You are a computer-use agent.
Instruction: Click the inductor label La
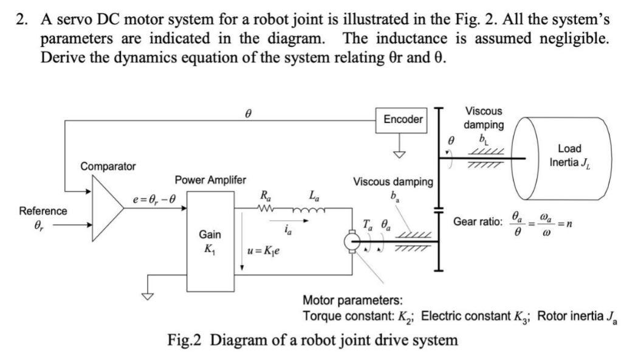(312, 195)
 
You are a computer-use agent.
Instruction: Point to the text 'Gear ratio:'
(477, 223)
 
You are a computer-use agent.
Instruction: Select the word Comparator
(108, 166)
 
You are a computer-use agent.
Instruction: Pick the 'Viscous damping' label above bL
(483, 118)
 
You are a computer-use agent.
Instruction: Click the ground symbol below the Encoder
(398, 153)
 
